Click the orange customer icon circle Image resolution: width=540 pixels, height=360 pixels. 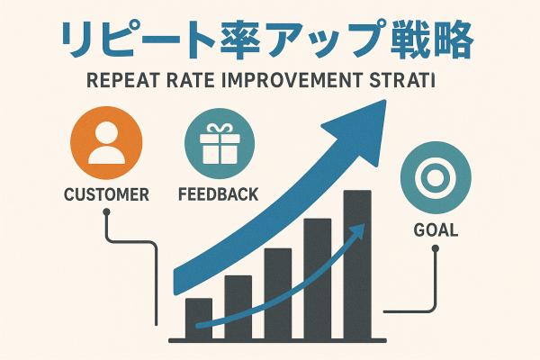pos(106,142)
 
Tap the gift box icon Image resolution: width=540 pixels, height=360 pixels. pos(220,144)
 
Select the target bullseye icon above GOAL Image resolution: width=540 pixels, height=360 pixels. pos(436,178)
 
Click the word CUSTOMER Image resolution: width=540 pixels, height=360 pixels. pos(106,194)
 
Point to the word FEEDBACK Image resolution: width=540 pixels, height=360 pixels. pos(219,194)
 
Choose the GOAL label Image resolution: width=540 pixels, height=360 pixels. pos(436,230)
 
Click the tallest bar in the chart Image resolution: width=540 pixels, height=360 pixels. pos(357,265)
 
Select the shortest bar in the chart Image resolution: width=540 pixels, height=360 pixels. pos(199,319)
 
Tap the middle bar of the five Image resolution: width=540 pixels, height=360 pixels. pos(278,294)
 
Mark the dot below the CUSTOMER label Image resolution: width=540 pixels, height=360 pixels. pos(106,211)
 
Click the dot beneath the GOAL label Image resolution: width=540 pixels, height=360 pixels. pos(436,248)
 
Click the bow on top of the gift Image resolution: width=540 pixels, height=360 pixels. pos(220,130)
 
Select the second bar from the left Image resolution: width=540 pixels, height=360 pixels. pos(238,307)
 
